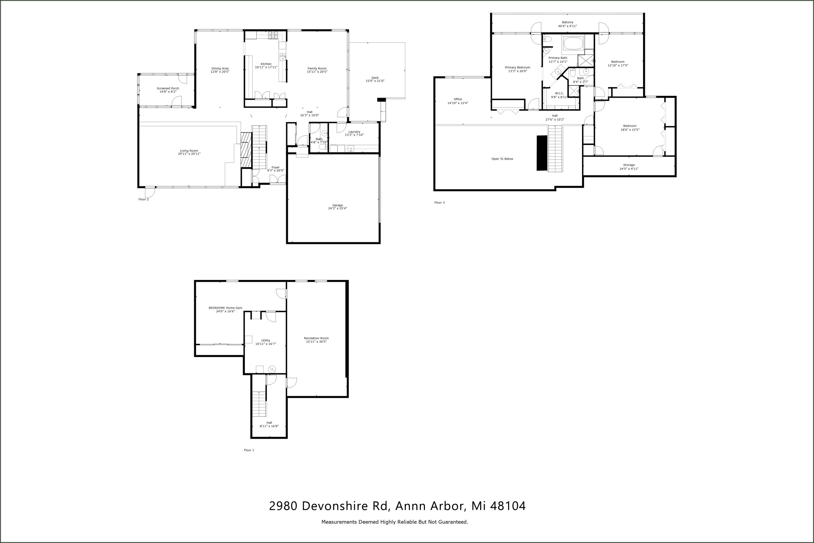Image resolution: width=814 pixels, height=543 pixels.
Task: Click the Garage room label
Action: pos(338,205)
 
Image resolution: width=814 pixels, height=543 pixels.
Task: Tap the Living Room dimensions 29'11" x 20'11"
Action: pos(189,154)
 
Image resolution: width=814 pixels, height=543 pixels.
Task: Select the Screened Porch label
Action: pos(168,88)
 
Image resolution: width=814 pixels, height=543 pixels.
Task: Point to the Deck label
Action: pos(375,78)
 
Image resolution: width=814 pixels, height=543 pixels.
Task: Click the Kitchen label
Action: pos(266,64)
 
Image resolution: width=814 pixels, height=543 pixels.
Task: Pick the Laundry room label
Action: pos(354,132)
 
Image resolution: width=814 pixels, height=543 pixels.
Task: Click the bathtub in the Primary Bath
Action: pos(573,44)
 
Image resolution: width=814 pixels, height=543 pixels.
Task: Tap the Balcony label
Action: pos(567,23)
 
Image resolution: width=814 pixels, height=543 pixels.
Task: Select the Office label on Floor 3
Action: pos(457,99)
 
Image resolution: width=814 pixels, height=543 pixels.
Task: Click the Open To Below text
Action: pos(502,159)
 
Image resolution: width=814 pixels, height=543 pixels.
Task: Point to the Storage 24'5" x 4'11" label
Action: pos(629,167)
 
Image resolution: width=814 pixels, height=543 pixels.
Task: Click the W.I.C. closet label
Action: pos(559,93)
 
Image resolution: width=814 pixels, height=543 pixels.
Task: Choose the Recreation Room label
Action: pos(316,338)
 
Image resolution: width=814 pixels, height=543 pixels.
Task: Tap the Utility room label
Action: pos(265,340)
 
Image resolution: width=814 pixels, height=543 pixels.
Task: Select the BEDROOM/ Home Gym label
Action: pos(225,308)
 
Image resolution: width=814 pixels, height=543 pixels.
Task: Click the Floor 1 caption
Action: pos(249,450)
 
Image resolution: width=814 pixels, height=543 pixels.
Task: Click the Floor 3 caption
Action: pos(439,203)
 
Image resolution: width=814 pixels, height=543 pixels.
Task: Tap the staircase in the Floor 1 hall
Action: pos(259,403)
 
